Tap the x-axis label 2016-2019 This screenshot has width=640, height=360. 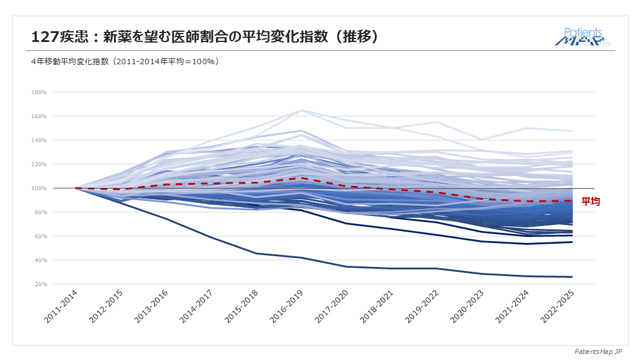(x=287, y=308)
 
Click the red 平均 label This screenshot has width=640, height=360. (x=590, y=202)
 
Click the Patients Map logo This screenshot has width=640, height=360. (x=583, y=37)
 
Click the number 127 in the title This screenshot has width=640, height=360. (x=45, y=37)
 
